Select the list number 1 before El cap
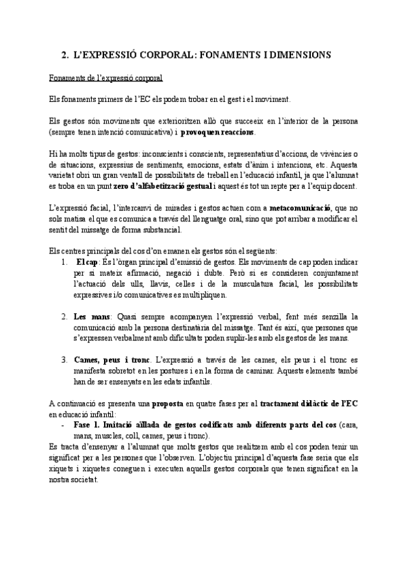pos(63,262)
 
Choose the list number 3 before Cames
pos(63,359)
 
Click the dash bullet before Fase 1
pos(63,424)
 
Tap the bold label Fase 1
pos(88,424)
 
